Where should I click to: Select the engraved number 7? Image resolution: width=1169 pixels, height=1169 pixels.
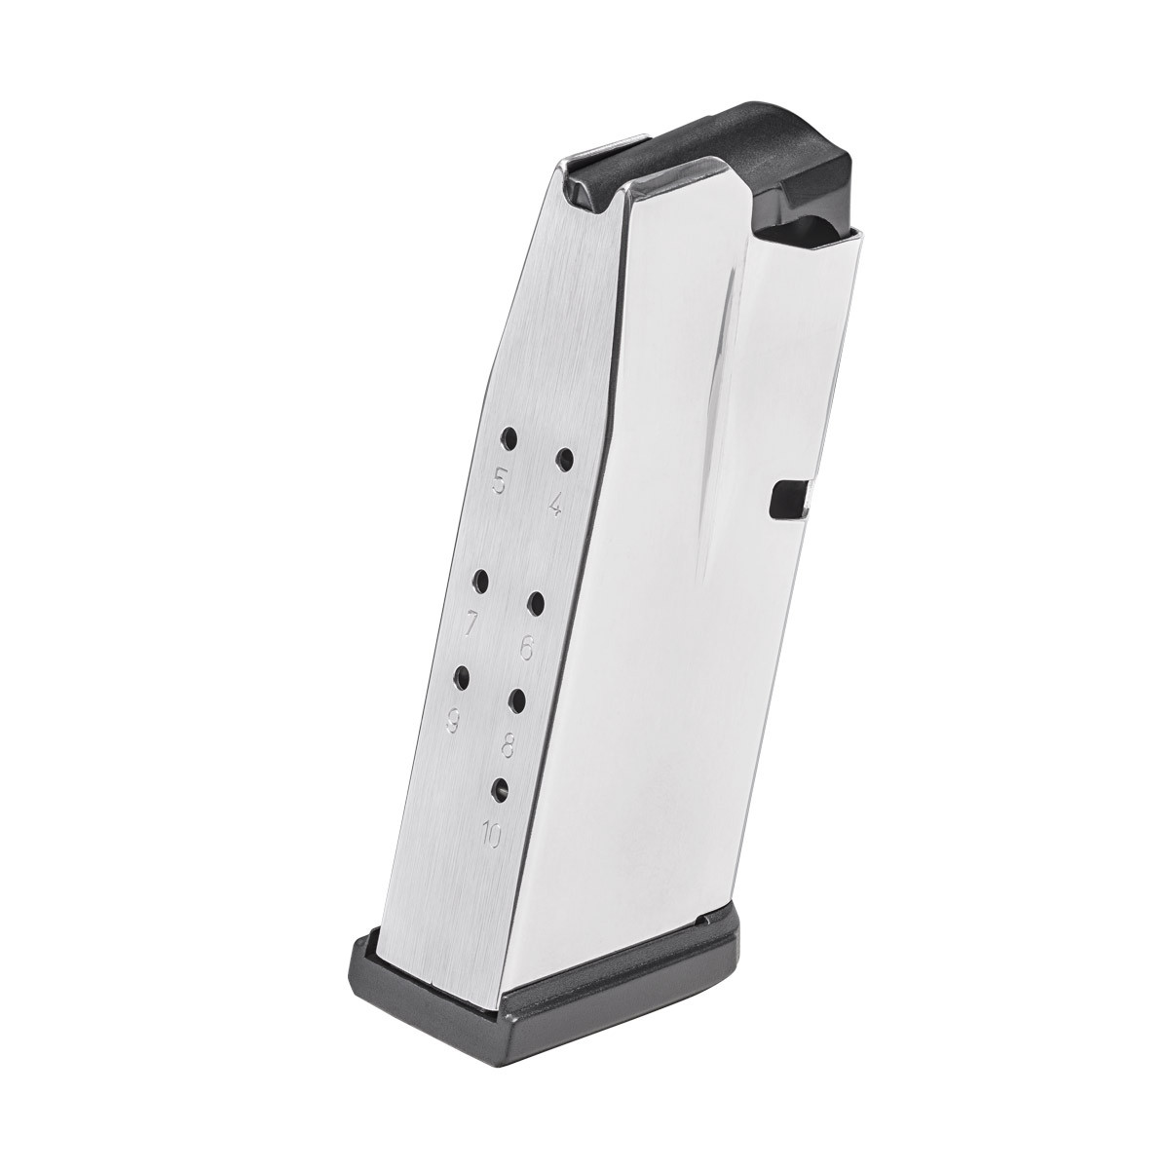tap(472, 623)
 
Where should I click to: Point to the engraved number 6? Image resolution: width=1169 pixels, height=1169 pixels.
tap(527, 647)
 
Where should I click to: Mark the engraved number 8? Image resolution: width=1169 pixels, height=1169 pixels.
tap(508, 747)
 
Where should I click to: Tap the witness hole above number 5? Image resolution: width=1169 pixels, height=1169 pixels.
tap(509, 436)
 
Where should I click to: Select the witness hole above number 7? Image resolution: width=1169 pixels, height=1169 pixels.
tap(480, 582)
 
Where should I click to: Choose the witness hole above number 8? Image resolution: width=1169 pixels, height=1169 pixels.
tap(516, 700)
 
